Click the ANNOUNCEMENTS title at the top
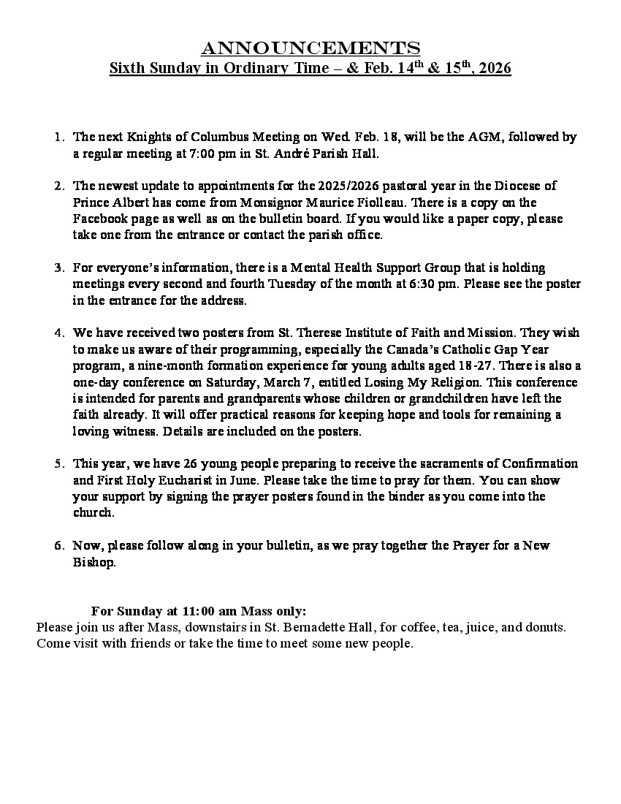point(310,48)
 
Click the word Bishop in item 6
point(92,562)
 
